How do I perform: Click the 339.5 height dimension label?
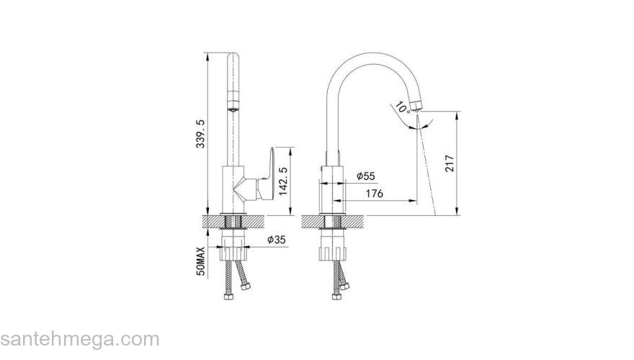click(x=201, y=134)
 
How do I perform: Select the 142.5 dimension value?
click(x=284, y=181)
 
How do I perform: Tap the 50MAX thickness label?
click(x=201, y=261)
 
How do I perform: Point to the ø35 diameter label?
click(x=277, y=240)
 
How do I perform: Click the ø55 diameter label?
click(x=366, y=176)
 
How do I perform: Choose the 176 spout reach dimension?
click(x=375, y=194)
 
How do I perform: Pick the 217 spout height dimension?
click(x=450, y=163)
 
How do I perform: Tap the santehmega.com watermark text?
click(x=80, y=340)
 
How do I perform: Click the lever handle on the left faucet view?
click(x=268, y=174)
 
